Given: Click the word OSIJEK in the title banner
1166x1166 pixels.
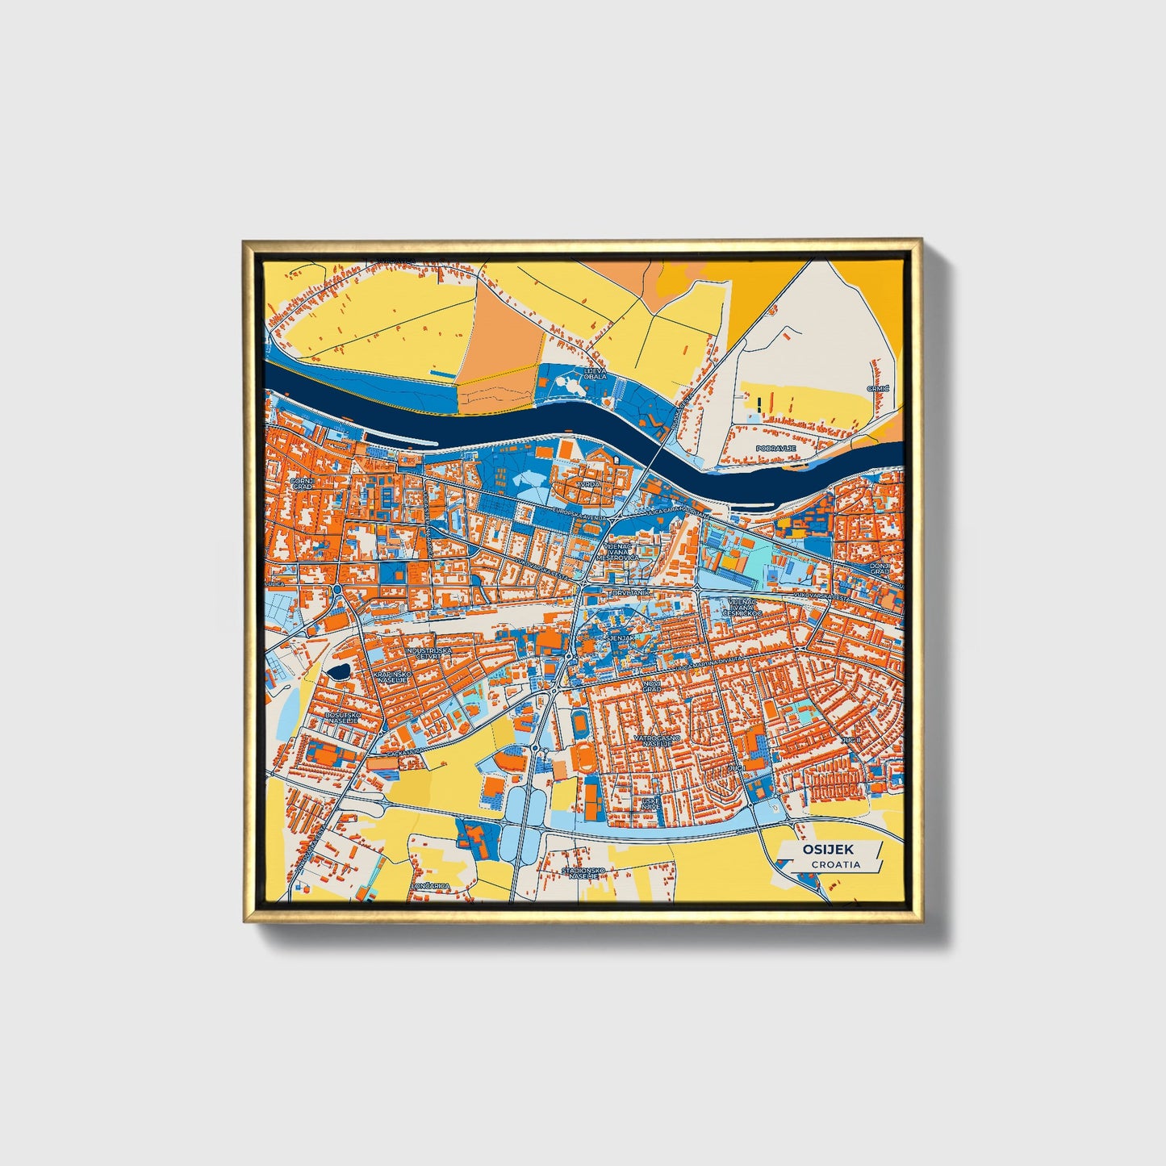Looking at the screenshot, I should point(828,850).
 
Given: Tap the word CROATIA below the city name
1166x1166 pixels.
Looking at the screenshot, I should point(836,864).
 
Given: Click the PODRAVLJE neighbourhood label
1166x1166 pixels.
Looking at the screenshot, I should point(776,447).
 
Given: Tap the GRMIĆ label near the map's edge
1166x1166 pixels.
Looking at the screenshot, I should point(878,388).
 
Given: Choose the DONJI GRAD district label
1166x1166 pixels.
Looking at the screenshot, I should point(880,568).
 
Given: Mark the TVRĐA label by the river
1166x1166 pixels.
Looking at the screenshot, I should point(587,484).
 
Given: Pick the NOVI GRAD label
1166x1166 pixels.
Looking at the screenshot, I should point(652,686).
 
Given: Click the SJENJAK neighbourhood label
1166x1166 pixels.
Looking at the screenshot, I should point(621,637).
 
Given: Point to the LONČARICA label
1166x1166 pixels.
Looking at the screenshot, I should point(431,886).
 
